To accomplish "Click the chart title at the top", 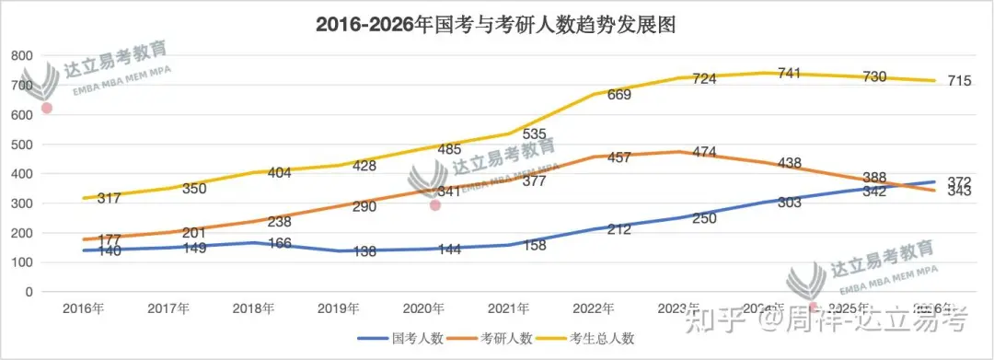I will (x=496, y=25).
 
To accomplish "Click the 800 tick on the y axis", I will (x=21, y=55).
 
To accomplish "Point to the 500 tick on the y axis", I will (x=21, y=145).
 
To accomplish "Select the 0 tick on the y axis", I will (x=29, y=292).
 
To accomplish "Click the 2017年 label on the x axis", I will (x=169, y=308).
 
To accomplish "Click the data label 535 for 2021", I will (x=535, y=134).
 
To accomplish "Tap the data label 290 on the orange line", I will (x=364, y=206).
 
